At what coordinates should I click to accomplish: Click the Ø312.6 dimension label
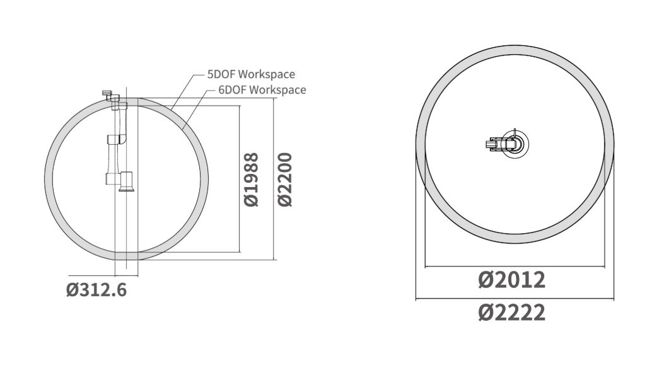coord(96,290)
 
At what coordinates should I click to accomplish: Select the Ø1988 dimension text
coord(252,180)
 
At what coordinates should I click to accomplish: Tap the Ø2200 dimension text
coord(285,180)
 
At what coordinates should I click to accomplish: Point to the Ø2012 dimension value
coord(511,280)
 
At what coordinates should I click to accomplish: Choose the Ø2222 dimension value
coord(511,313)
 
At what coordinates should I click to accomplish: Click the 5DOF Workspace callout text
coord(251,74)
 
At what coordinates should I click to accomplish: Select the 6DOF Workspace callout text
coord(262,90)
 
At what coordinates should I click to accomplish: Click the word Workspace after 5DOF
coord(267,74)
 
